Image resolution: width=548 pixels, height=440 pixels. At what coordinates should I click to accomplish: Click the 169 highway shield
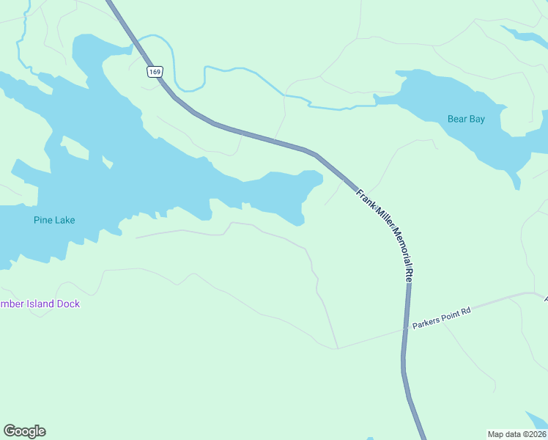pos(154,71)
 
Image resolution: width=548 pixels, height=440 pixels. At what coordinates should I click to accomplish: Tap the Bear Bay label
pos(466,119)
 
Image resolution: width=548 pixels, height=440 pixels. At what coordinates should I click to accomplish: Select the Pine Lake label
pos(54,220)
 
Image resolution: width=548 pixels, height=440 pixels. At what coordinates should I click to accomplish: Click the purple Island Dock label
pos(40,304)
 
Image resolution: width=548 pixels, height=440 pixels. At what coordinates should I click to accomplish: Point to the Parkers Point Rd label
pos(441,318)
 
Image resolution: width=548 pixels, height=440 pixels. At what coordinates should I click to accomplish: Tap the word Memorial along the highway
pos(398,244)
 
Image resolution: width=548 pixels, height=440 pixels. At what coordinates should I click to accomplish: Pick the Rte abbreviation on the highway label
pos(409,276)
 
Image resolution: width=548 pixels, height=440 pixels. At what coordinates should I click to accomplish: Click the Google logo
pos(24,431)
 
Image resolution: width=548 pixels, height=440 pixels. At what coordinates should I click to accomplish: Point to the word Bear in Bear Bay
pos(457,119)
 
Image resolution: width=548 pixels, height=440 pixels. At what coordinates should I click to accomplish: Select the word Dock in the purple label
pos(68,304)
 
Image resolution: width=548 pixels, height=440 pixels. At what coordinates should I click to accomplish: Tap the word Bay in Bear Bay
pos(477,119)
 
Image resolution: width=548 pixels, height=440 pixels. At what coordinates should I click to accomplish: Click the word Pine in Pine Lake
pos(42,220)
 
